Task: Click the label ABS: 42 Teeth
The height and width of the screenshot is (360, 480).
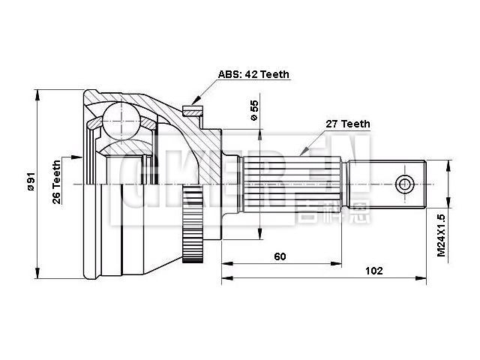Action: coord(253,74)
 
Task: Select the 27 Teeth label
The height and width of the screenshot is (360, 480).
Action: coord(347,124)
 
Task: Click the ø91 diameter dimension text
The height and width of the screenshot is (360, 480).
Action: coord(31,182)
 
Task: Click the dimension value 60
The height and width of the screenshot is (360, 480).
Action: coord(280,256)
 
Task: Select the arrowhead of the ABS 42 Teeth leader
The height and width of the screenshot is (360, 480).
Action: coord(194,102)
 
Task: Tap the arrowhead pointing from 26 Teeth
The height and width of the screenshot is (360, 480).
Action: coord(82,157)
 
